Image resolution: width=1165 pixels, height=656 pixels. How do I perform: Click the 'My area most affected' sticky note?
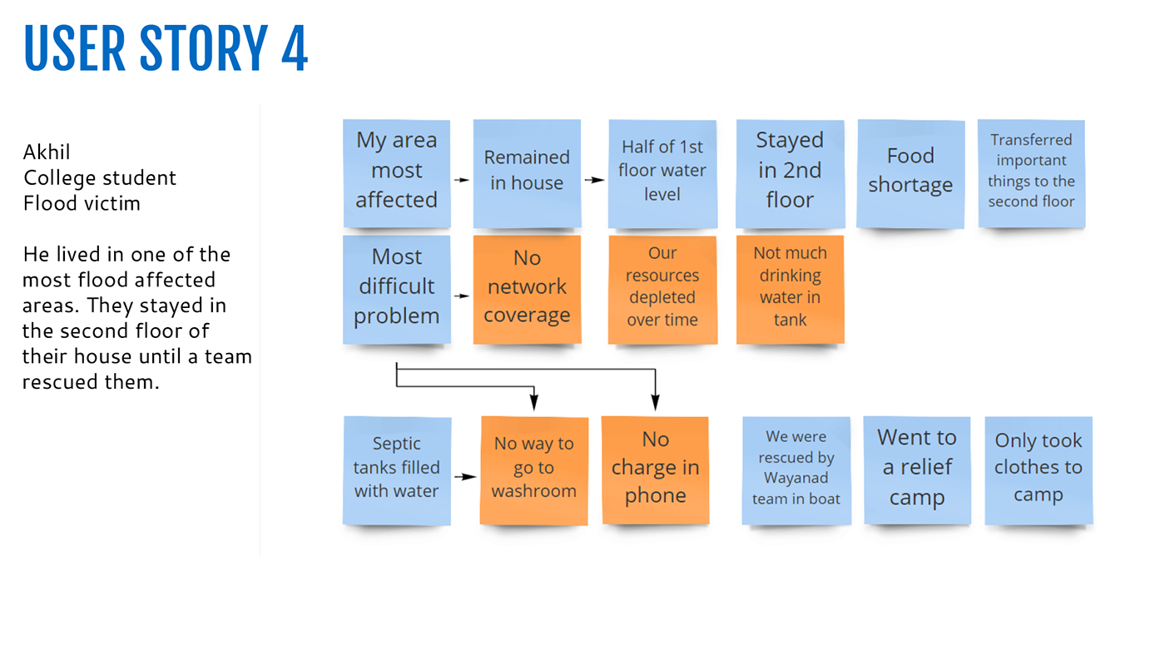(397, 173)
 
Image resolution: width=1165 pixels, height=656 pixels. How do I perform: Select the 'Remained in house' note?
(527, 173)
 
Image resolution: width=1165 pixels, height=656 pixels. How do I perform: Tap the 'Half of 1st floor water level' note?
(662, 174)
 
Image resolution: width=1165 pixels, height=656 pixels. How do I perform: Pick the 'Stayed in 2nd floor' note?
(790, 174)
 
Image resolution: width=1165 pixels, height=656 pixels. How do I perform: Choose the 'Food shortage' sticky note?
(910, 174)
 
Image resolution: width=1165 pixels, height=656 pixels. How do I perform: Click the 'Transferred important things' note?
(1031, 174)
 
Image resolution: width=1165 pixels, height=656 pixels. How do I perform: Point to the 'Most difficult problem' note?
(397, 290)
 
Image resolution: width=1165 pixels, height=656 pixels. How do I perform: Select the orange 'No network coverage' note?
(527, 290)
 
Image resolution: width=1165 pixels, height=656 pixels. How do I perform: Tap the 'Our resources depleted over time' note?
(662, 290)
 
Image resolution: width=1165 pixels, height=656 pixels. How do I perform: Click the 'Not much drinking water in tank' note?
(790, 290)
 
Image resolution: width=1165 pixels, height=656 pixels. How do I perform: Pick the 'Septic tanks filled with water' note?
(397, 470)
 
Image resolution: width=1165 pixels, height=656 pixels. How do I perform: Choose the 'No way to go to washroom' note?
(534, 470)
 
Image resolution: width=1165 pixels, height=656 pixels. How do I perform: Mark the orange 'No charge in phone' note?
(656, 470)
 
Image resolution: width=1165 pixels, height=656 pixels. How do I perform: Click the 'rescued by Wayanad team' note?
(796, 470)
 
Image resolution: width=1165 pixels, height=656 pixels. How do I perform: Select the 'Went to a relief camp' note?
(917, 470)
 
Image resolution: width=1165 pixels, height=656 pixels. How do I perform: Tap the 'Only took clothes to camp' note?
(1039, 470)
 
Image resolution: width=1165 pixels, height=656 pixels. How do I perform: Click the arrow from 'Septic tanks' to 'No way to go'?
(465, 476)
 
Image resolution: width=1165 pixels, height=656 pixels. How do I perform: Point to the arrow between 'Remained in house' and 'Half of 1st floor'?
(594, 180)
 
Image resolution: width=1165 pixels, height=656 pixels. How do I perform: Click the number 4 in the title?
(295, 48)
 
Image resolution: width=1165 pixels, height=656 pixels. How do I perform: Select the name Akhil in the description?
(47, 152)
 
